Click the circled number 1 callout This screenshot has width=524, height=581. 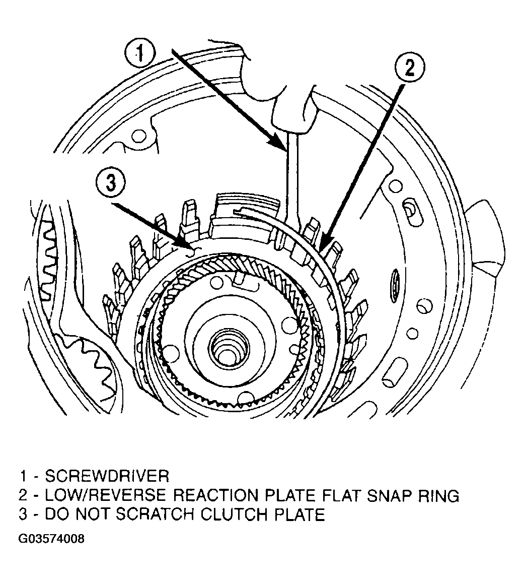140,54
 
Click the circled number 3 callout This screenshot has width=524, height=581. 111,183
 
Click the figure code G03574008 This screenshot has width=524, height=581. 51,538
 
